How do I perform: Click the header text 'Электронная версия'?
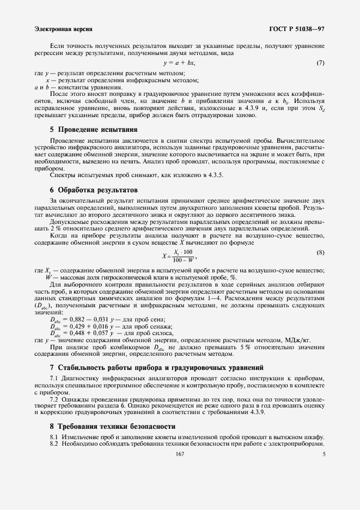click(63, 28)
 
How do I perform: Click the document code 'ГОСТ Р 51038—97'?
click(297, 28)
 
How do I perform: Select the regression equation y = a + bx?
click(179, 63)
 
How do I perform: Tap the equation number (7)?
click(320, 63)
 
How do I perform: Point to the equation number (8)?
click(320, 252)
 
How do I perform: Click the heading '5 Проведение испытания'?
click(90, 130)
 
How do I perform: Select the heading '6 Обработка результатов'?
click(90, 190)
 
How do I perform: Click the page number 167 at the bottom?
click(179, 453)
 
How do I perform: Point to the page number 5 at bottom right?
click(324, 453)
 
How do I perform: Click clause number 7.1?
click(54, 378)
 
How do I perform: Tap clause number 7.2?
click(54, 399)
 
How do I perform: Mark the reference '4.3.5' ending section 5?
click(213, 175)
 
